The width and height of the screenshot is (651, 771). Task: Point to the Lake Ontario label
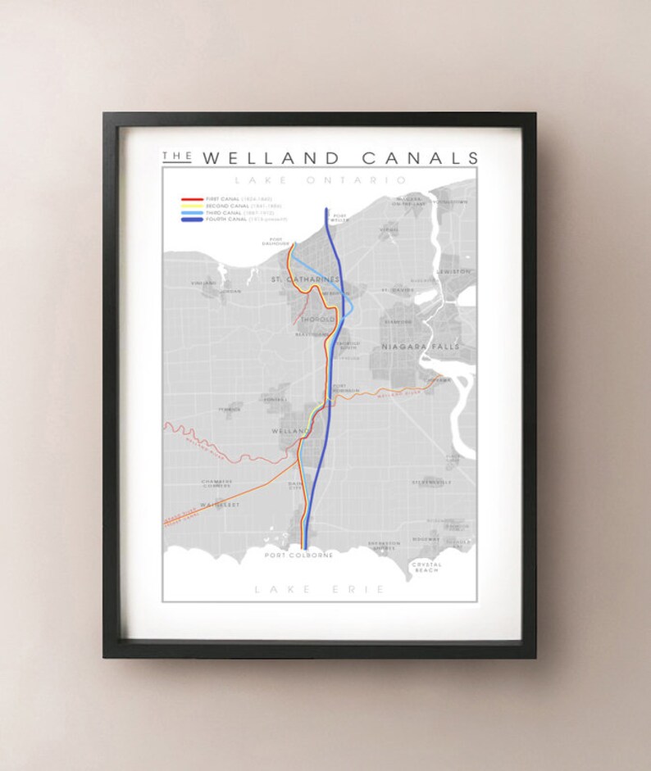click(320, 179)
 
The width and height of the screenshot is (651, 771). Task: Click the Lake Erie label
click(319, 588)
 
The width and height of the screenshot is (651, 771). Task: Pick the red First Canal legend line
click(192, 199)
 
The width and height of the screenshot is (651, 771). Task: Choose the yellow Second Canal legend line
click(192, 206)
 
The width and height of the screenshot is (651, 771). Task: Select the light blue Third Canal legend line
click(192, 213)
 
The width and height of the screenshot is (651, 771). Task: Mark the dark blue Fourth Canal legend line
click(192, 220)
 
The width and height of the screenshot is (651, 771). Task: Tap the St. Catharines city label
click(304, 279)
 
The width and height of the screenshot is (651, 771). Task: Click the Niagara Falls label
click(412, 347)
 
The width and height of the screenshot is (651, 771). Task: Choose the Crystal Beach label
click(426, 567)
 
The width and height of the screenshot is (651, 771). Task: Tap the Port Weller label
click(340, 217)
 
